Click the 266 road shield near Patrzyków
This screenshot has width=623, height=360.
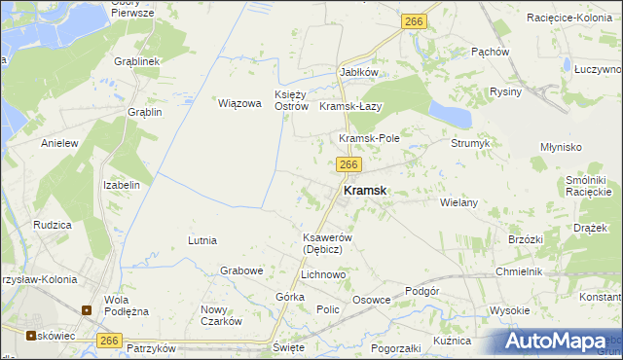109,340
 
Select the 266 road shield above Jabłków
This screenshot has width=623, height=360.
414,20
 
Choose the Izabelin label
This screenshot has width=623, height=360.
122,184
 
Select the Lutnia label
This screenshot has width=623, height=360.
202,239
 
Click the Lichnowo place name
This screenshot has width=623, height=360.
323,275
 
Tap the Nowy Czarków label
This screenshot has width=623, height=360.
220,315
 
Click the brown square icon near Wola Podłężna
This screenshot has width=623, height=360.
87,311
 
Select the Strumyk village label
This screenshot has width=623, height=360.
469,143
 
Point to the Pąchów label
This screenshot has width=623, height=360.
490,52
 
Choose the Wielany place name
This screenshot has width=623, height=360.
458,202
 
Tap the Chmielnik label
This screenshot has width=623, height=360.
517,271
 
